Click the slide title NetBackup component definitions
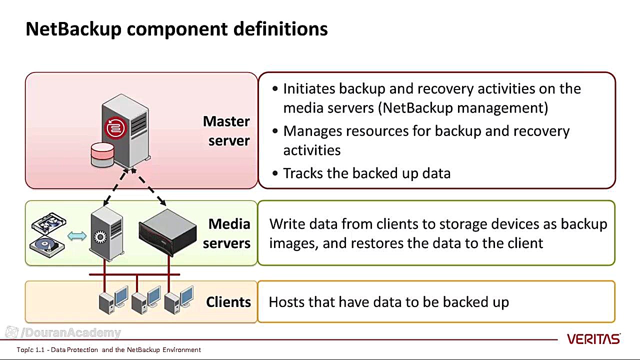point(176,29)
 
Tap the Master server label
point(226,131)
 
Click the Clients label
point(228,302)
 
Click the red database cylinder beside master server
point(102,154)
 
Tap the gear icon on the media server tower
point(100,236)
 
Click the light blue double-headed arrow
point(77,236)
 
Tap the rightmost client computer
point(178,300)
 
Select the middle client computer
point(145,300)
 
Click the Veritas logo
point(593,339)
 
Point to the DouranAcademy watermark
point(63,333)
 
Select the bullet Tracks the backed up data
point(366,173)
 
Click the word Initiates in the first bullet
point(309,89)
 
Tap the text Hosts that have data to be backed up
point(388,302)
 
